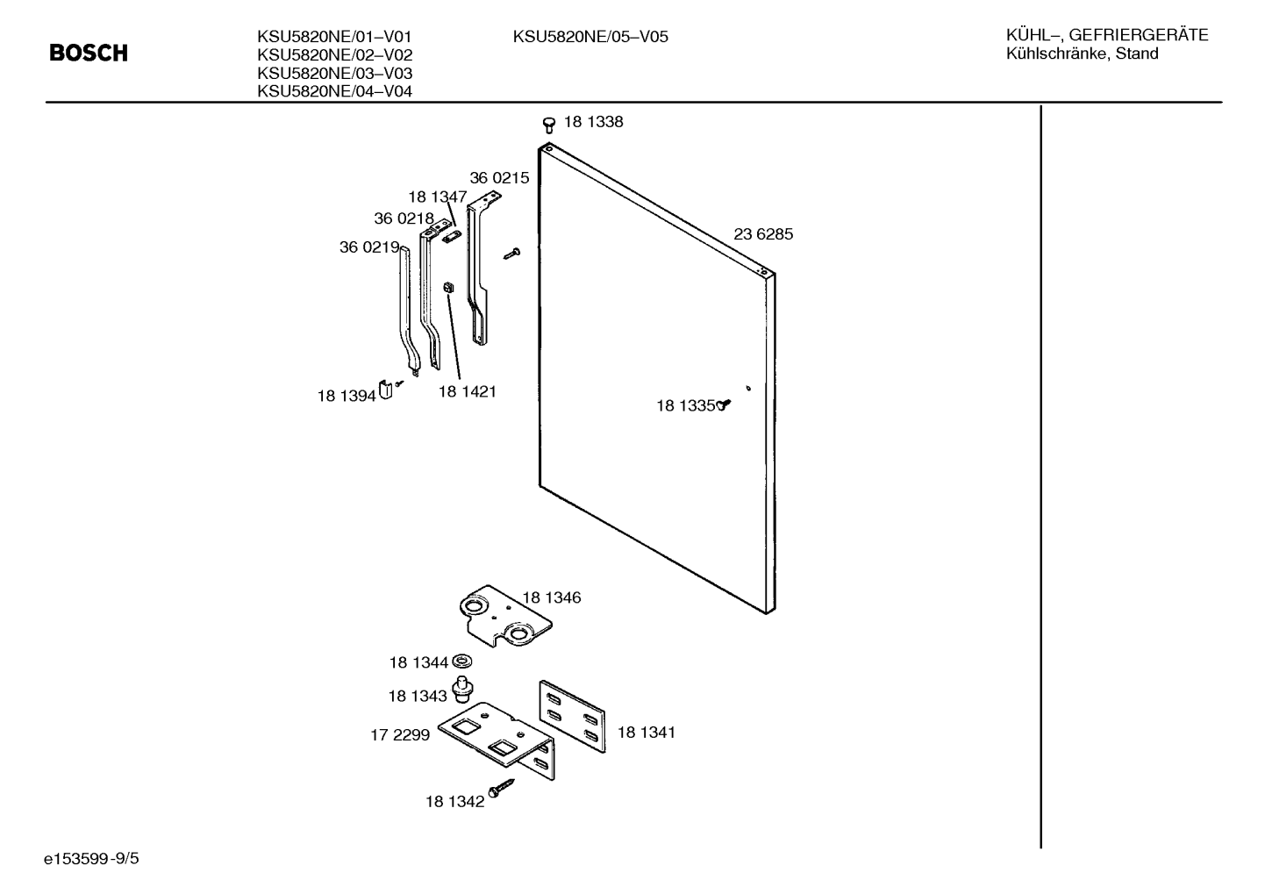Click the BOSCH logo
tap(89, 54)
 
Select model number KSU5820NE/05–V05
tap(590, 37)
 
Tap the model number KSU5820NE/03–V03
tap(335, 74)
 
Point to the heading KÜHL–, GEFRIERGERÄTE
tap(1107, 35)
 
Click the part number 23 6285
tap(763, 233)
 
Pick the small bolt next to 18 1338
tap(549, 125)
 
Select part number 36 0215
tap(499, 178)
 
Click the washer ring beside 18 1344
tap(462, 661)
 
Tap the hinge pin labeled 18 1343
tap(462, 689)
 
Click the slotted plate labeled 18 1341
tap(572, 716)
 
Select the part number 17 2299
tap(400, 734)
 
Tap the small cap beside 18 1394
tap(385, 390)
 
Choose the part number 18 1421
tap(467, 391)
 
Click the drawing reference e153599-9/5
tap(91, 859)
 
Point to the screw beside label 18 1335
tap(724, 404)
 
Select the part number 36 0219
tap(369, 247)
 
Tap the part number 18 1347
tap(438, 197)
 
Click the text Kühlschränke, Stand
tap(1082, 54)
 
